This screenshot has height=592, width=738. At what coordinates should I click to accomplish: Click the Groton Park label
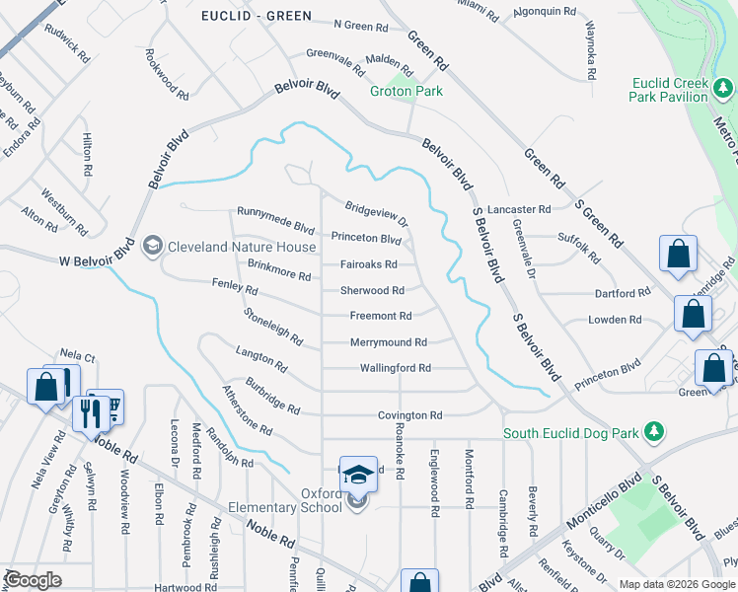pyautogui.click(x=406, y=91)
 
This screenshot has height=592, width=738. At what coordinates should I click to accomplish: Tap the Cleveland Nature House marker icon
pyautogui.click(x=152, y=244)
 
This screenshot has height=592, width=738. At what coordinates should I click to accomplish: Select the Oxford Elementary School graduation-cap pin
pyautogui.click(x=358, y=473)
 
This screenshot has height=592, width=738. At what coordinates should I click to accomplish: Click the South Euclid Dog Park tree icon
pyautogui.click(x=652, y=432)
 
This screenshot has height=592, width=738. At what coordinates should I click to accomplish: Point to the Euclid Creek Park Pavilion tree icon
pyautogui.click(x=725, y=90)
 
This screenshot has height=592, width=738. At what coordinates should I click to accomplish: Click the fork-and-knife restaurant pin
pyautogui.click(x=91, y=412)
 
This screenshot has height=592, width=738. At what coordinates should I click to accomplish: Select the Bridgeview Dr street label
pyautogui.click(x=376, y=213)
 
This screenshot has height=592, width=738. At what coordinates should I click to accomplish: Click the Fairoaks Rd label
pyautogui.click(x=369, y=264)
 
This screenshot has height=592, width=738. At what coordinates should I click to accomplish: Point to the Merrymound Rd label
pyautogui.click(x=389, y=342)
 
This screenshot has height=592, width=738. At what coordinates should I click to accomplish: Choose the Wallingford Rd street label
pyautogui.click(x=391, y=368)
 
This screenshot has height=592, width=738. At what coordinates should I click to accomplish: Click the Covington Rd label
pyautogui.click(x=408, y=416)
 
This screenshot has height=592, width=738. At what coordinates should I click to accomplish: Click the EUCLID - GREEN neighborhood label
pyautogui.click(x=256, y=16)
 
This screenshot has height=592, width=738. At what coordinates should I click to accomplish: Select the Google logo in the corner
pyautogui.click(x=33, y=580)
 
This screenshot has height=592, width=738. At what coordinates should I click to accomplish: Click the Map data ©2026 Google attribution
pyautogui.click(x=677, y=584)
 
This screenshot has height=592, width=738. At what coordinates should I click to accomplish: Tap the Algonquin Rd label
pyautogui.click(x=545, y=11)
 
